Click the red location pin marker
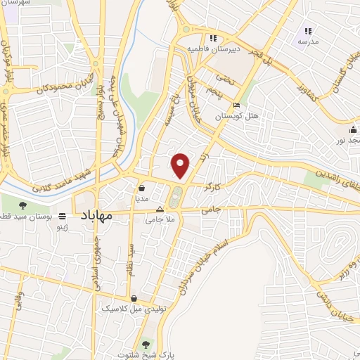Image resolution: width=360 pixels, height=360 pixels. click(x=181, y=165)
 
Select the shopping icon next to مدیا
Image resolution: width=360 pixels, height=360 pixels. click(x=143, y=188)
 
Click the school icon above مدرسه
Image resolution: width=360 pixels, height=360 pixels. click(x=307, y=31)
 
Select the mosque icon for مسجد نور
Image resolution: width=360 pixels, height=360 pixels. click(x=352, y=131)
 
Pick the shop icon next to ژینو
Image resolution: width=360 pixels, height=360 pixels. click(x=63, y=217)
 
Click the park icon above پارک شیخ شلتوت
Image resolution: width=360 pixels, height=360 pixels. click(x=146, y=345)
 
